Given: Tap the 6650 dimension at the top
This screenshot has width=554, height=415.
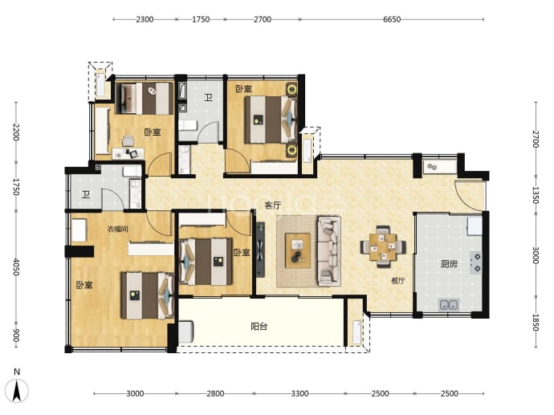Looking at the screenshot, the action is pos(392,19).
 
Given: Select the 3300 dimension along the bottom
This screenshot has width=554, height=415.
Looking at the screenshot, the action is pos(299,393).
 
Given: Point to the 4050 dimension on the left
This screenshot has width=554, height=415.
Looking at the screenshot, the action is pos(16,266).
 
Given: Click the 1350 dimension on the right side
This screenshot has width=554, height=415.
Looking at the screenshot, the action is pos(536,195).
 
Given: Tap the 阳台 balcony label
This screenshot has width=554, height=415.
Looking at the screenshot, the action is pos(259,327).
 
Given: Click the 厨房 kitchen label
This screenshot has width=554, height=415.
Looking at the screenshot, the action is pos(449,264).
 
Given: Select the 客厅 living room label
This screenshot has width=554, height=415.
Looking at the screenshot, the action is pos(273,205).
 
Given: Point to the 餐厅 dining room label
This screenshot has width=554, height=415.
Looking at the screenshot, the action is pos(397,281).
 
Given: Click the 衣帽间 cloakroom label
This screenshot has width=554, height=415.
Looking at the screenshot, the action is pos(118,230).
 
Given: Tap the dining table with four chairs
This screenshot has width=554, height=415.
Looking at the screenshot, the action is pos(383,246).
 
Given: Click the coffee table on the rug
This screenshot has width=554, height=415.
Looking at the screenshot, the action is pos(298,250).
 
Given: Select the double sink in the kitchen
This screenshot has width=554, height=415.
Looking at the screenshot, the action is pos(449,304).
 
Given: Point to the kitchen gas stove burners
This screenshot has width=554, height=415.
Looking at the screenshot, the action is pos(476,262).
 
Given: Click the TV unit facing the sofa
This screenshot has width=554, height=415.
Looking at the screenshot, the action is pos(260,250).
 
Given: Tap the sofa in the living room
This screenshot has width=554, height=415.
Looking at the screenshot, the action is pos(329,251).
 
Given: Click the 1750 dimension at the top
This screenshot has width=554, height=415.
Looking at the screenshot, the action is pos(201,19).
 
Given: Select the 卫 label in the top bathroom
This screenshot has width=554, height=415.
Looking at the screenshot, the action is pos(209,97).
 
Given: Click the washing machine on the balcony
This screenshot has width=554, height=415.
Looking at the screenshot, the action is pos(185,332).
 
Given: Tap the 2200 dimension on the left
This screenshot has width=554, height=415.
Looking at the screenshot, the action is pos(16,132).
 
